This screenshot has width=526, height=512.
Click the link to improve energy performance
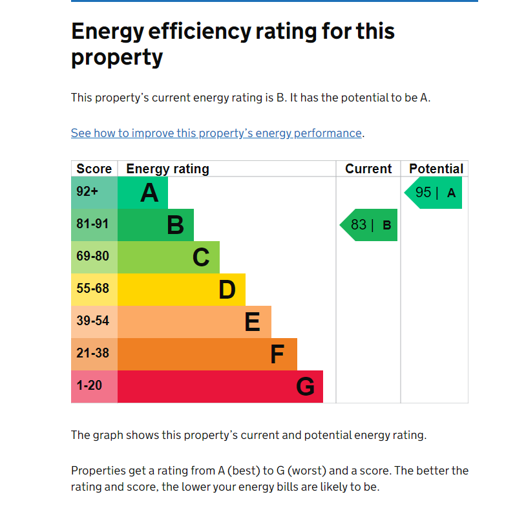tap(216, 133)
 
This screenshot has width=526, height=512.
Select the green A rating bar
tap(143, 193)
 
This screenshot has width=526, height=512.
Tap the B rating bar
tap(156, 225)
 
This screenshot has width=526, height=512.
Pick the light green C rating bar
tap(169, 257)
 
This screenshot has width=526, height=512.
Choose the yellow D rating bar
tap(182, 290)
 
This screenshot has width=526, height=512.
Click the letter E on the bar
tap(252, 322)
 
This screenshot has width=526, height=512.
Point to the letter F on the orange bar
tap(277, 354)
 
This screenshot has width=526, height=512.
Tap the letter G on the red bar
tap(305, 387)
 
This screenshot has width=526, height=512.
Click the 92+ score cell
tap(94, 193)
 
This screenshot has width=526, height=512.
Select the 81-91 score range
tap(92, 224)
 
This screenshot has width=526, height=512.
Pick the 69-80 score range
tap(92, 256)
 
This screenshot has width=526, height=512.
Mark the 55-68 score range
tap(92, 288)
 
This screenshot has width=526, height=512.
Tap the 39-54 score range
tap(92, 321)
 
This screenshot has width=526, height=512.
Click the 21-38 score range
tap(92, 353)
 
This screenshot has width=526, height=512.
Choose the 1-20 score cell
tap(94, 387)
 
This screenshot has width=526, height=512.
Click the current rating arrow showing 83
tap(369, 225)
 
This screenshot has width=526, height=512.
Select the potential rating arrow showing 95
tap(433, 193)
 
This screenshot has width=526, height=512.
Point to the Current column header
tap(368, 169)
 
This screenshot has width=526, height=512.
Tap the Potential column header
tap(436, 169)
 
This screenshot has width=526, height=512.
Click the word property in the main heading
tap(117, 58)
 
